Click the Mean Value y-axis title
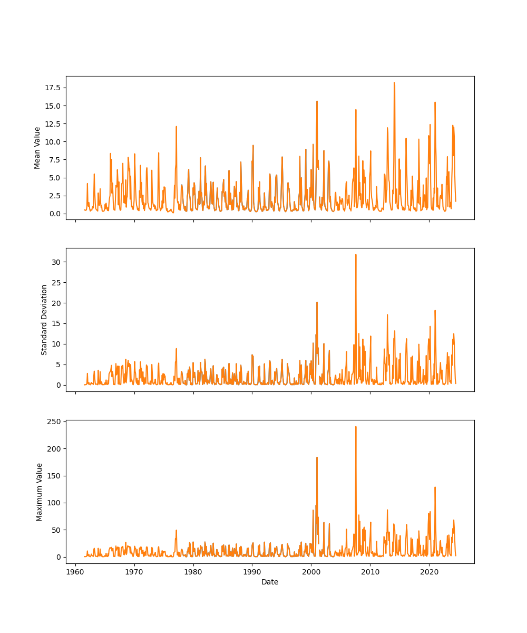(37, 148)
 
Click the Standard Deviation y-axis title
(44, 320)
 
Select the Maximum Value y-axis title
(40, 492)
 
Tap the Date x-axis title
(270, 582)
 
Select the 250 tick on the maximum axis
(53, 421)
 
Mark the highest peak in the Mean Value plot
(394, 83)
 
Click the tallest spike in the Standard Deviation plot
(356, 255)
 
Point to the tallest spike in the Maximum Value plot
(356, 427)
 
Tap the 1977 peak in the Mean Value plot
(176, 127)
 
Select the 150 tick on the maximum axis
(53, 476)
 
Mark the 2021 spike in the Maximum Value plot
(435, 487)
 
